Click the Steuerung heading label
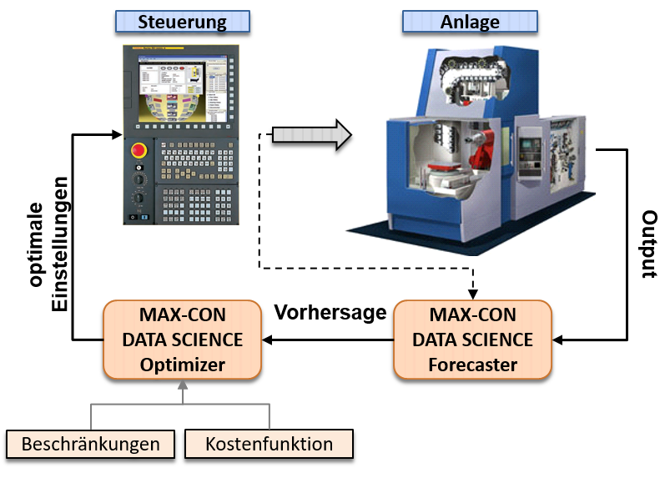(182, 22)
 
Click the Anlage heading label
(470, 22)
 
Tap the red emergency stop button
(139, 151)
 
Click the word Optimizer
(182, 365)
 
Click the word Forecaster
(472, 365)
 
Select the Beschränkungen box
(90, 444)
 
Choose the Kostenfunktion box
(269, 444)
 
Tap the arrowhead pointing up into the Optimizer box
(182, 386)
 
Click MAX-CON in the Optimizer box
(182, 315)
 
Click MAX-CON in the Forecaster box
(472, 315)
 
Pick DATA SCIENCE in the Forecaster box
(472, 340)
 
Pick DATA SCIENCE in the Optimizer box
(182, 340)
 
